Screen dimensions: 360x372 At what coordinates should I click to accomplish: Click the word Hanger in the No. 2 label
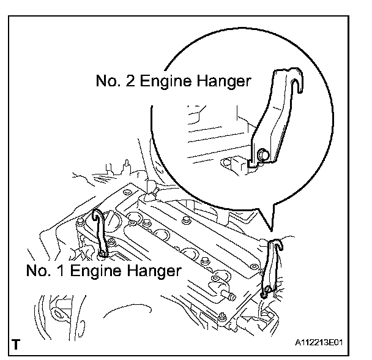pos(222,81)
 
